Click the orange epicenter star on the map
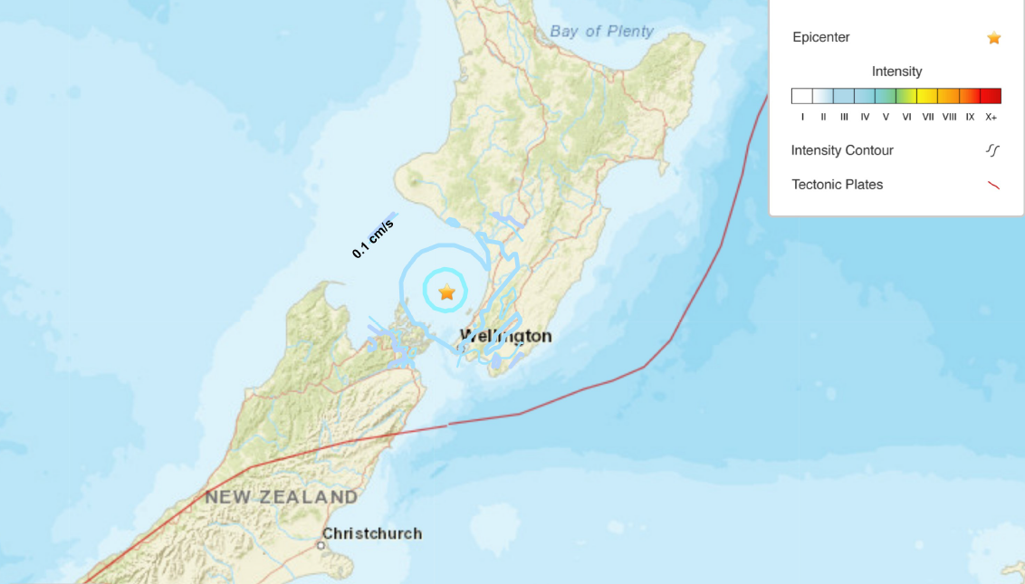[x=446, y=292]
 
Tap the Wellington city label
[x=505, y=336]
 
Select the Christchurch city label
[x=372, y=533]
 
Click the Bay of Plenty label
[x=601, y=32]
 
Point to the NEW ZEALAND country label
[x=281, y=497]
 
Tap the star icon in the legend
[x=993, y=38]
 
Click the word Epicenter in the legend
[x=820, y=38]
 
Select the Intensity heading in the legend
[x=896, y=72]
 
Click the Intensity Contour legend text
[x=842, y=150]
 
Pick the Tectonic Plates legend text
[x=837, y=185]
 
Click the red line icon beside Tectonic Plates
[x=993, y=185]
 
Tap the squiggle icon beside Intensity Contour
[x=993, y=150]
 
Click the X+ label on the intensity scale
[x=991, y=117]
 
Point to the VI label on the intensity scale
[x=906, y=117]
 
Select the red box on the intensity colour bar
[x=991, y=96]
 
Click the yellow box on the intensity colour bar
[x=927, y=96]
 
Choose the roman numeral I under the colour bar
[x=802, y=117]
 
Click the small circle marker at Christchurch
[x=321, y=545]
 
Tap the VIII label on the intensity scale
[x=949, y=117]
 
